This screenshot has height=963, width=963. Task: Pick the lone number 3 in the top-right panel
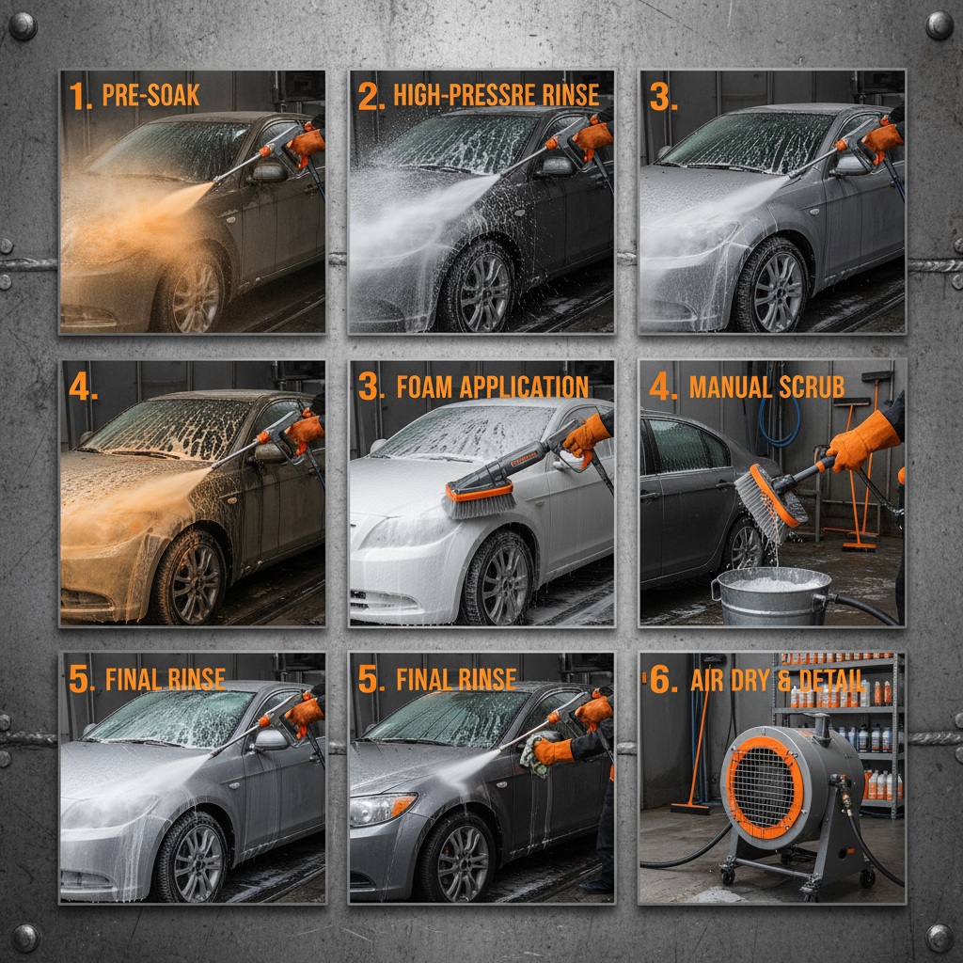pos(663,98)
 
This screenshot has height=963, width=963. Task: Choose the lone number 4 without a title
pos(83,387)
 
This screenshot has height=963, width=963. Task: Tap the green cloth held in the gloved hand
pos(534,755)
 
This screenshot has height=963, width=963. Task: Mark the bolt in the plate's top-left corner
pos(23,25)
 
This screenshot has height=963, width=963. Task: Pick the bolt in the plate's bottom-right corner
pos(939,937)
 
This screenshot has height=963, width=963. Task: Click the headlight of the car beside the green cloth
pos(382,807)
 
